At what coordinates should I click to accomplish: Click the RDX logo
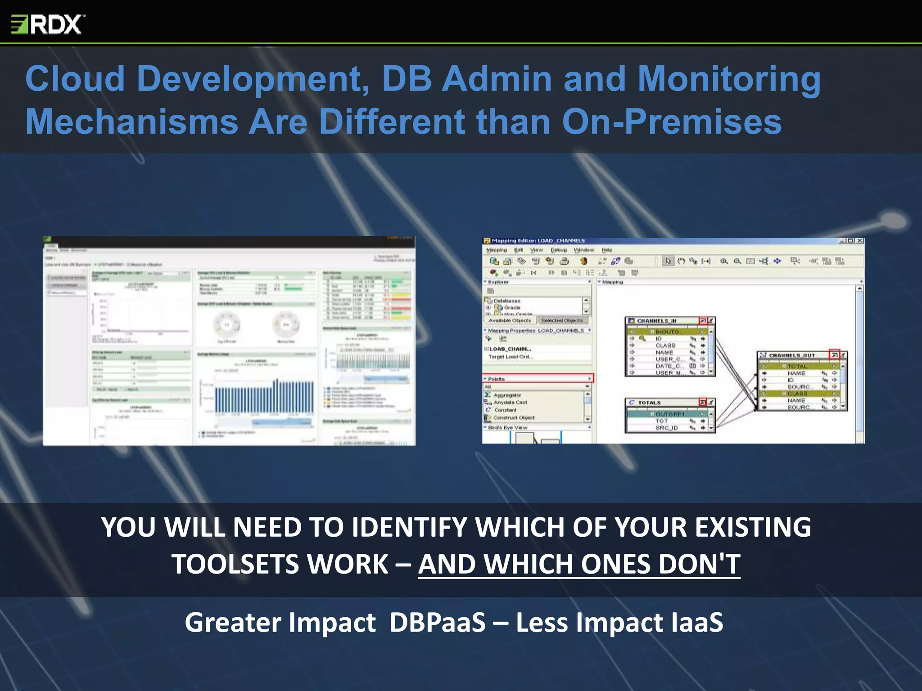[x=47, y=24]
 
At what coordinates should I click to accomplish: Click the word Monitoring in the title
[x=729, y=79]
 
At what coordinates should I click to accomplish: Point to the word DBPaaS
[x=437, y=623]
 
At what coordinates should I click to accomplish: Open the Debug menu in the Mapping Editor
[x=558, y=250]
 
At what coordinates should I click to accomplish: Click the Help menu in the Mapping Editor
[x=607, y=250]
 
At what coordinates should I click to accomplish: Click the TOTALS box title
[x=649, y=403]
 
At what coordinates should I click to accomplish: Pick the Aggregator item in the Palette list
[x=507, y=395]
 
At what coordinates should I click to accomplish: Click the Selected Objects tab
[x=562, y=320]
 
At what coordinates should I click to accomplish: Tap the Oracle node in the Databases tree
[x=512, y=308]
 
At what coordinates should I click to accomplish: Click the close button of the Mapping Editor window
[x=859, y=241]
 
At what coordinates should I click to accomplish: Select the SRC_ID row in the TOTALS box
[x=666, y=428]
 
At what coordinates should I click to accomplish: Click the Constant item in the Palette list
[x=505, y=410]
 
